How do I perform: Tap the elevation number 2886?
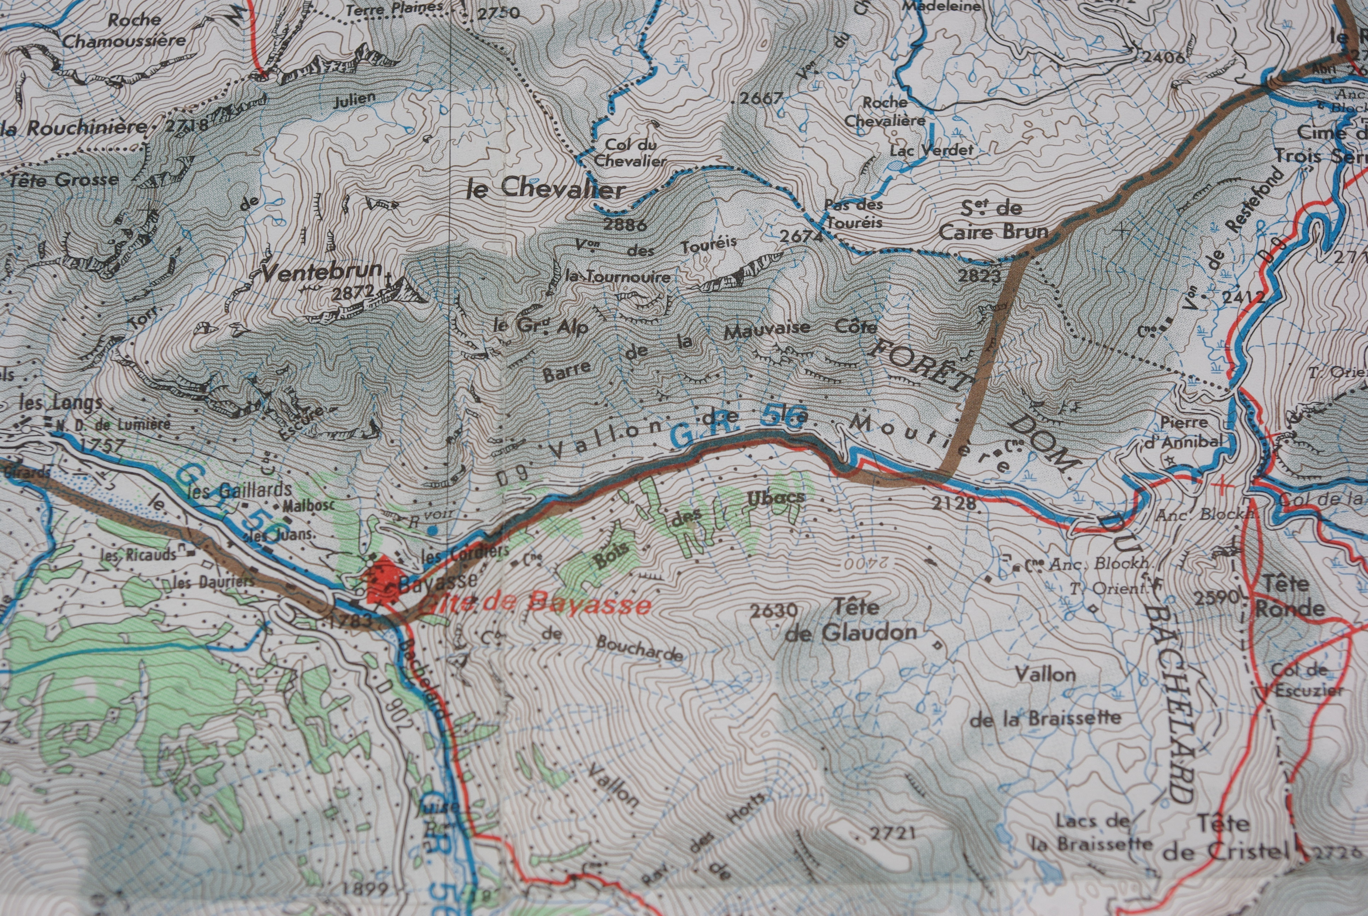tap(625, 225)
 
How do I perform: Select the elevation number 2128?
tap(954, 504)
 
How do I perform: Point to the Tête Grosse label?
tap(63, 179)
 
